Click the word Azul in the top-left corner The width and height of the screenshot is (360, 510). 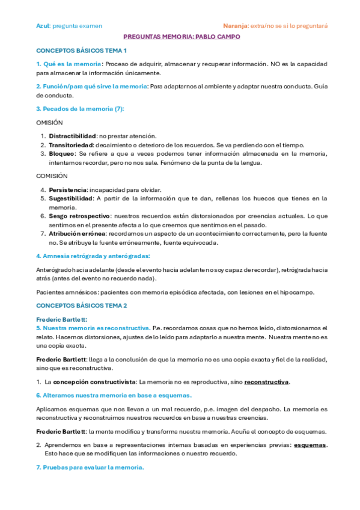click(x=43, y=26)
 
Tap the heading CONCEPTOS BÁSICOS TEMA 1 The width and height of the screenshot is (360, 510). click(x=82, y=51)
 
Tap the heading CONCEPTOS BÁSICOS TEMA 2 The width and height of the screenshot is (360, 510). click(x=82, y=306)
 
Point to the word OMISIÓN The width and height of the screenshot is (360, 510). click(x=49, y=122)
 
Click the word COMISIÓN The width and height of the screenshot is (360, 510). click(x=52, y=176)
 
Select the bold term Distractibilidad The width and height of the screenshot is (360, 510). click(x=72, y=136)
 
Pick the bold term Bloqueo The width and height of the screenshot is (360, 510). click(x=63, y=154)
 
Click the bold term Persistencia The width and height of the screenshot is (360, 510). click(x=67, y=189)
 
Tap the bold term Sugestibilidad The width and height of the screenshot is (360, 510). click(x=70, y=198)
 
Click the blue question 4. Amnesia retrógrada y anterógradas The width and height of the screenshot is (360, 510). click(x=93, y=256)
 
